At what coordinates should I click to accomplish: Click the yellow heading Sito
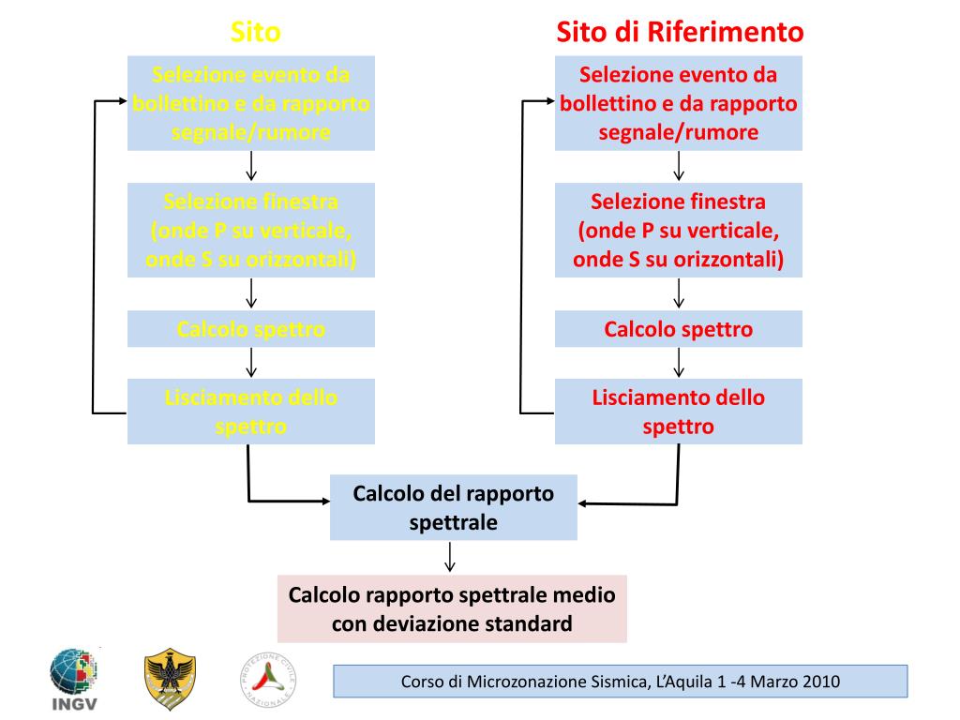coord(256,33)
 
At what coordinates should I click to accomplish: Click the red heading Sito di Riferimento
coord(680,33)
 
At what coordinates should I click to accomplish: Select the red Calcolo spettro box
coord(679,329)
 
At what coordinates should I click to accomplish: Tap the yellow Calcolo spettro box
coord(251,329)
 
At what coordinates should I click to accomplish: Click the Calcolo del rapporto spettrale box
coord(454,507)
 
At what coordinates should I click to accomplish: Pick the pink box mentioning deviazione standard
coord(452,609)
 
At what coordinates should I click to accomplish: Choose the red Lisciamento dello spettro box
coord(679,412)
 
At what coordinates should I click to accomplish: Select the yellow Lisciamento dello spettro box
coord(251,412)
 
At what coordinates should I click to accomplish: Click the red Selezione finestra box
coord(679,230)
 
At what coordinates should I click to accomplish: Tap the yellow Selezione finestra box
coord(251,230)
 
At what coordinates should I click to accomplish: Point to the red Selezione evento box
coord(679,103)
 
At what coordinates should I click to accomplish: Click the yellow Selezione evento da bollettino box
coord(251,103)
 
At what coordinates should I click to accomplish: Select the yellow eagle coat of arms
coord(170,679)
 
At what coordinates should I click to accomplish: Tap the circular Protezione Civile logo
coord(269,679)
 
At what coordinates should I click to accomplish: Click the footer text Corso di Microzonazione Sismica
coord(620,682)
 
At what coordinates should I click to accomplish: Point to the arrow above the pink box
coord(451,557)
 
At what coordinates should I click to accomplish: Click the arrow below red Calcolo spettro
coord(679,362)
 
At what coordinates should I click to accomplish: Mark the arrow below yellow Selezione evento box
coord(251,166)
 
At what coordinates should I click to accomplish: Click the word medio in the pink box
coord(588,595)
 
